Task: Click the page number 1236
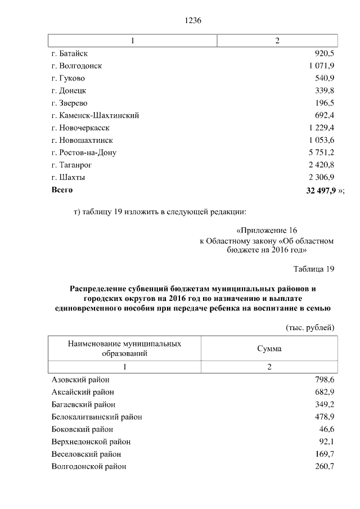click(x=193, y=20)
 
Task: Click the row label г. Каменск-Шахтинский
click(x=95, y=115)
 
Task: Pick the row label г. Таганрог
click(x=71, y=165)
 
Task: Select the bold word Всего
click(x=62, y=190)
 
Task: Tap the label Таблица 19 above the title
click(x=314, y=269)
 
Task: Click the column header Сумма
click(x=269, y=349)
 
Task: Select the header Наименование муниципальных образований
click(x=124, y=348)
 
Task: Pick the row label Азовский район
click(x=80, y=380)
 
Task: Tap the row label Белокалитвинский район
click(x=97, y=417)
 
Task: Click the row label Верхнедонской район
click(x=91, y=442)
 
